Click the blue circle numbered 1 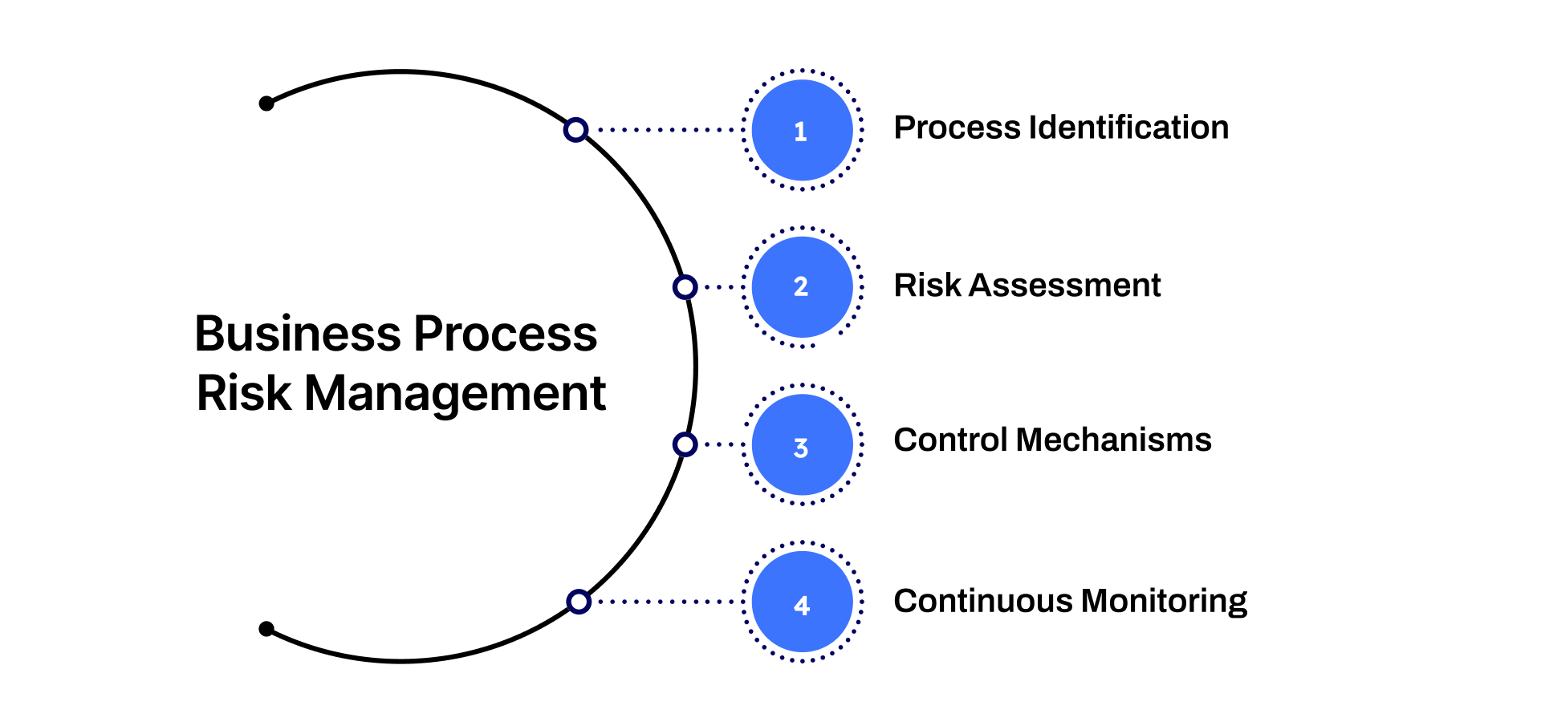pyautogui.click(x=802, y=130)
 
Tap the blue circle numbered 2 pyautogui.click(x=802, y=286)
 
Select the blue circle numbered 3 pyautogui.click(x=802, y=444)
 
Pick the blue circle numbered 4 pyautogui.click(x=802, y=602)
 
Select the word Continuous pyautogui.click(x=983, y=602)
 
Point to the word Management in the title pyautogui.click(x=455, y=394)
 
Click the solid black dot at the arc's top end pyautogui.click(x=267, y=103)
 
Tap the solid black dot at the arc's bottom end pyautogui.click(x=267, y=629)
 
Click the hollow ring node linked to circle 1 pyautogui.click(x=575, y=130)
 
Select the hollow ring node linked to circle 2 pyautogui.click(x=685, y=287)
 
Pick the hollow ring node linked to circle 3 pyautogui.click(x=685, y=444)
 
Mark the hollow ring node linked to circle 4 pyautogui.click(x=579, y=602)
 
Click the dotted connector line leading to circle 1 pyautogui.click(x=666, y=130)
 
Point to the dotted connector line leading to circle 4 pyautogui.click(x=666, y=602)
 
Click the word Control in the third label pyautogui.click(x=950, y=440)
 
